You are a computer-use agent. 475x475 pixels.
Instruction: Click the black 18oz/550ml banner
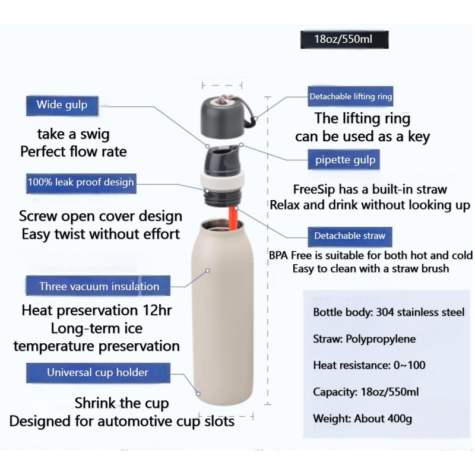[x=344, y=39]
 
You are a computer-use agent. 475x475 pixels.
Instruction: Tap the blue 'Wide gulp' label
[x=62, y=106]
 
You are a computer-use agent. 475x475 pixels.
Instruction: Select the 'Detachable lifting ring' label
[x=350, y=96]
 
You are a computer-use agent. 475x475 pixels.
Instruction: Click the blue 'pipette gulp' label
[x=344, y=160]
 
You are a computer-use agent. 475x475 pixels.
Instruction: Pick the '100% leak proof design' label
[x=81, y=183]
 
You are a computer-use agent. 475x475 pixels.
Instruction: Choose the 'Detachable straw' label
[x=350, y=236]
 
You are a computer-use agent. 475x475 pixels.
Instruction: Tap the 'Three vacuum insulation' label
[x=98, y=286]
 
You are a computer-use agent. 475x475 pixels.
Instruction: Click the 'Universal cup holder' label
[x=98, y=373]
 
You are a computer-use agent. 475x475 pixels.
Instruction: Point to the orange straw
[x=233, y=218]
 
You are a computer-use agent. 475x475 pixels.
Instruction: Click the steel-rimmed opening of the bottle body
[x=221, y=226]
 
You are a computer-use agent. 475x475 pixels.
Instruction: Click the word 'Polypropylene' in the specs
[x=381, y=339]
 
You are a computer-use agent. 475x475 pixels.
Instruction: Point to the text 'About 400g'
[x=383, y=419]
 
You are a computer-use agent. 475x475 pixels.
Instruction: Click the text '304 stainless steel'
[x=420, y=312]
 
